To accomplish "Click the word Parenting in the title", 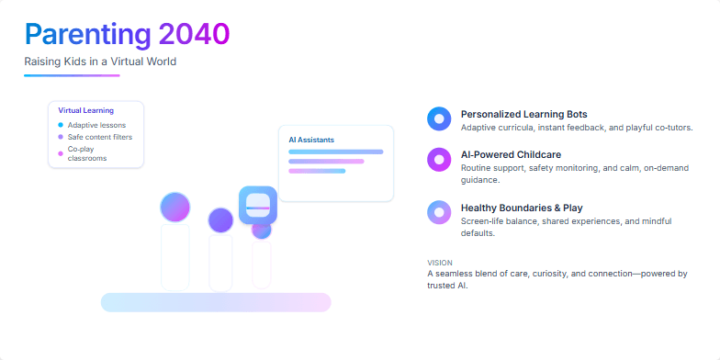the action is (x=87, y=34).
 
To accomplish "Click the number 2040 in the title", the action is (x=194, y=34).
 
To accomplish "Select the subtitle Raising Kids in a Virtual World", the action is (x=100, y=62).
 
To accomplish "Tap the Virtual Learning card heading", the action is (x=85, y=110).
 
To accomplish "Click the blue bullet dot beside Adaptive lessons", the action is (x=61, y=125).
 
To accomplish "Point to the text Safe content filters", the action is (x=99, y=137).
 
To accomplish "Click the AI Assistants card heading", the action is (x=311, y=140).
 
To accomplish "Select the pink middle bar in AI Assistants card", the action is (x=326, y=162).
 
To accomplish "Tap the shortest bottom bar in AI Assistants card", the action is (x=317, y=171).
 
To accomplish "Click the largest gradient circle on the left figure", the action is (x=174, y=207).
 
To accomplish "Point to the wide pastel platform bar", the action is (x=215, y=302).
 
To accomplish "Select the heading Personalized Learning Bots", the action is (x=523, y=114).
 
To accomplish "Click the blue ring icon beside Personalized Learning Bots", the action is (x=439, y=118).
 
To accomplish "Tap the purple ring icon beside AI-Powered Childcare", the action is (x=439, y=159).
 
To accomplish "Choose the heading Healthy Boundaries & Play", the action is (x=522, y=208).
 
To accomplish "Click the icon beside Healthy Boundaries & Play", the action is (x=439, y=212).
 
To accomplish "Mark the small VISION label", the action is (x=440, y=263).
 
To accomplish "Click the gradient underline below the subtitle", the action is (x=72, y=75).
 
